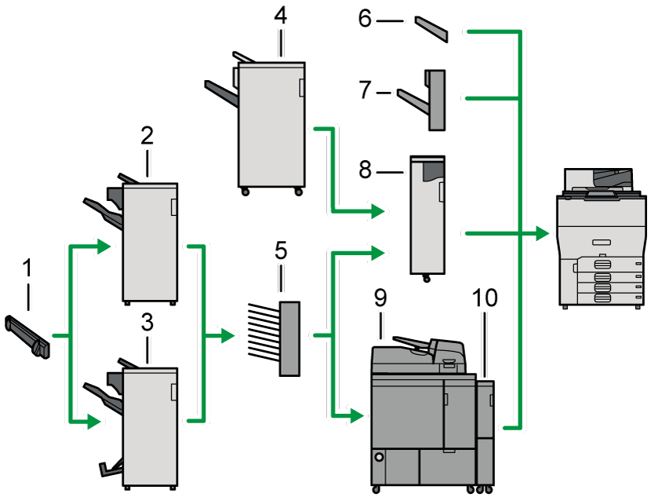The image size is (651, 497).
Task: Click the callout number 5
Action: coord(280,252)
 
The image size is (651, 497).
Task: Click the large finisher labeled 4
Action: coord(271,126)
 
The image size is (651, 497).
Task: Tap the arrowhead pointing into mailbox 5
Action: coord(228,336)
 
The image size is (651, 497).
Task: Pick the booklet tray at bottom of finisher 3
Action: coord(111,469)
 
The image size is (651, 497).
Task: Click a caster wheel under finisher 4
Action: coord(245,192)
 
